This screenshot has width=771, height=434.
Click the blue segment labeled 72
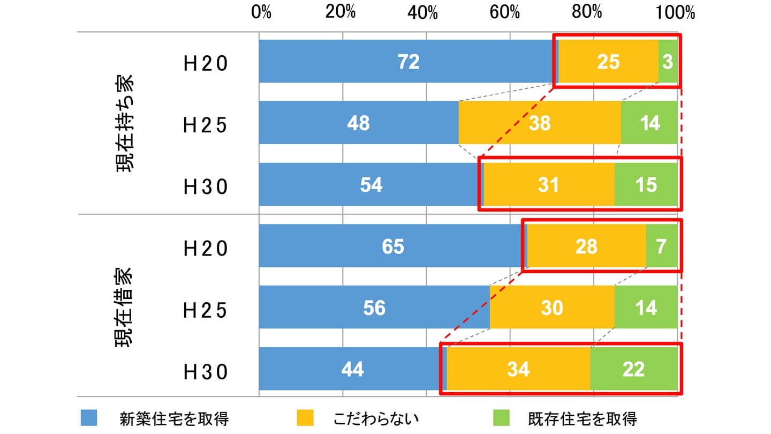coord(408,62)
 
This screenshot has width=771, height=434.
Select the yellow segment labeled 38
coord(540,123)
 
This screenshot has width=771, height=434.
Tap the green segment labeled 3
coord(668,62)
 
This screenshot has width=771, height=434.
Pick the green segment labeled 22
coord(633,369)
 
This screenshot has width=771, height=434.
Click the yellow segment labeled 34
coord(518,369)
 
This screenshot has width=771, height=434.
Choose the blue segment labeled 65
coord(392,246)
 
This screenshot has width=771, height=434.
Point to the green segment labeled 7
coord(662,246)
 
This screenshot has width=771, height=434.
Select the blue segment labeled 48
coord(359,123)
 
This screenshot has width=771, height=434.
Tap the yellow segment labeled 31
coord(549,185)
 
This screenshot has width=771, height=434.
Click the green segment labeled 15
coord(646,185)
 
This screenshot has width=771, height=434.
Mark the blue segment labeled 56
coord(374,308)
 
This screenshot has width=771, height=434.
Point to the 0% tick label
coord(261,12)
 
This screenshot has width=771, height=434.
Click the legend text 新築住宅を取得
coord(175,418)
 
